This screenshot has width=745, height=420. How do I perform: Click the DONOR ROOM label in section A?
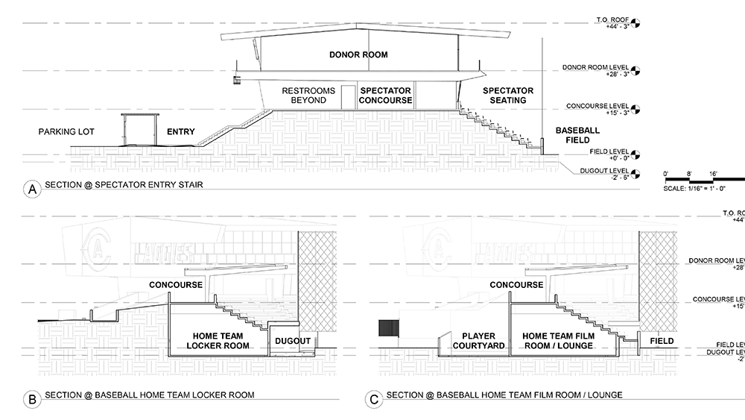pyautogui.click(x=359, y=55)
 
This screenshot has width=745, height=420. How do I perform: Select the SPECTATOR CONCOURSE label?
pyautogui.click(x=386, y=95)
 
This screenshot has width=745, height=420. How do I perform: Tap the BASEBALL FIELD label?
pyautogui.click(x=577, y=135)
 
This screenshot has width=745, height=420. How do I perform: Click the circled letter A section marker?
pyautogui.click(x=32, y=190)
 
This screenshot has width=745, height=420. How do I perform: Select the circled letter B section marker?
pyautogui.click(x=32, y=400)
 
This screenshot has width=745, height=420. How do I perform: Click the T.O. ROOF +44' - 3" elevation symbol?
pyautogui.click(x=635, y=25)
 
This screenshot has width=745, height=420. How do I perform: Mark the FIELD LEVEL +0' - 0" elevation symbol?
pyautogui.click(x=635, y=156)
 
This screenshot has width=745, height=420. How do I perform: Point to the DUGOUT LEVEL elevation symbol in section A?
pyautogui.click(x=635, y=175)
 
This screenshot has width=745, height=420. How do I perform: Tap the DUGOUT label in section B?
pyautogui.click(x=292, y=341)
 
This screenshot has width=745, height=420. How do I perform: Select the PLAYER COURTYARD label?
pyautogui.click(x=478, y=341)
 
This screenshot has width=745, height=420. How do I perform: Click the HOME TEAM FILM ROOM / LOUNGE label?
pyautogui.click(x=558, y=341)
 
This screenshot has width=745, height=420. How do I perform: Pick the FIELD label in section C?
pyautogui.click(x=661, y=341)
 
